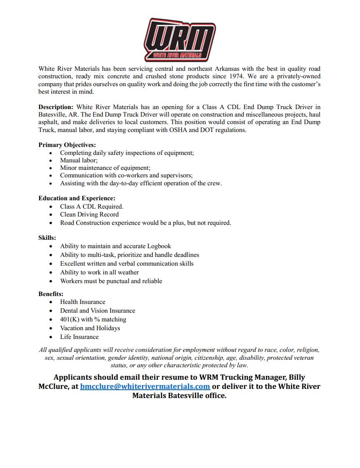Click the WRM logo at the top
(x=180, y=40)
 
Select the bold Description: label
(x=56, y=107)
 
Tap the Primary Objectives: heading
(x=67, y=145)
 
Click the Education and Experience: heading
(x=77, y=198)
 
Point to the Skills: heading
(x=47, y=238)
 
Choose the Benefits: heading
(x=51, y=294)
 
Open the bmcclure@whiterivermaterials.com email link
(x=145, y=386)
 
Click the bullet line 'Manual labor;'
(x=79, y=160)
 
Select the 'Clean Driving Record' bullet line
(x=89, y=214)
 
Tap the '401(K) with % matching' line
(x=93, y=319)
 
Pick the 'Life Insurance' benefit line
(x=79, y=337)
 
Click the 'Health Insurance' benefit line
(x=82, y=302)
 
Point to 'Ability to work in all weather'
(x=99, y=272)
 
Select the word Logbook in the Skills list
(x=159, y=246)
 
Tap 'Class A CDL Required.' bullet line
(x=92, y=206)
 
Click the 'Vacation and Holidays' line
(x=90, y=328)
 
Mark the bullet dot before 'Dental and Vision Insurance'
(x=51, y=311)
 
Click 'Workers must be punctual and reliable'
(x=111, y=281)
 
